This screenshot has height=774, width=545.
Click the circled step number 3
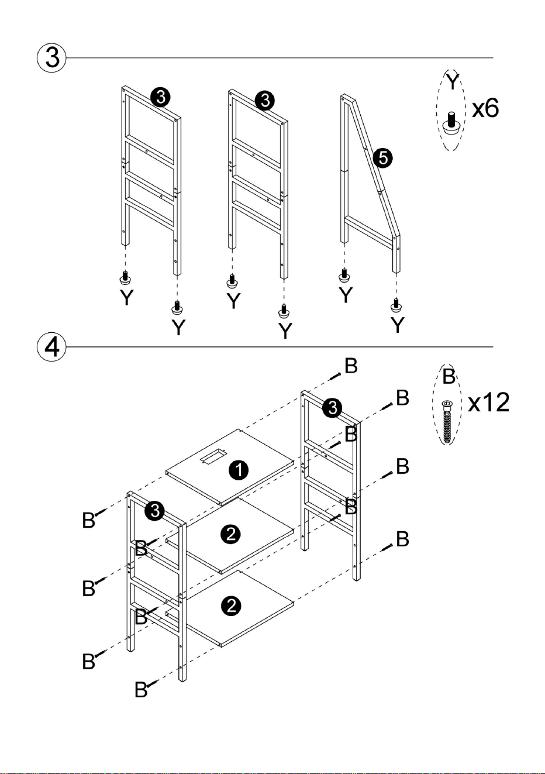click(x=51, y=58)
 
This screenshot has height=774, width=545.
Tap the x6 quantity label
click(x=485, y=108)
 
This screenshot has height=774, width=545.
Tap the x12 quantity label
click(x=488, y=403)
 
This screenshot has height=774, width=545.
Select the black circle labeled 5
click(x=382, y=159)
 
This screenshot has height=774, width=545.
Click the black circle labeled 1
click(x=239, y=470)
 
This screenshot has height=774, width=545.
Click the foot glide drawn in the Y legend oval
click(x=451, y=123)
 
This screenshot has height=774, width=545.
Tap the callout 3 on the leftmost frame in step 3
click(x=161, y=98)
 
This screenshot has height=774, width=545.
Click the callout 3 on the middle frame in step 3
click(x=265, y=101)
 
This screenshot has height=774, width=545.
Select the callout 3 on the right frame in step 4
click(x=332, y=408)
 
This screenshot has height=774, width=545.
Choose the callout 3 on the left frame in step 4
click(x=154, y=510)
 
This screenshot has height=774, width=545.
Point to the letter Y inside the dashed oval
click(x=452, y=81)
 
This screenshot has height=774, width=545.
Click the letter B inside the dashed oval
click(x=449, y=376)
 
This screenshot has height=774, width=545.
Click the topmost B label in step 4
click(x=351, y=366)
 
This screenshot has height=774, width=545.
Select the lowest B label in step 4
click(x=141, y=690)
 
